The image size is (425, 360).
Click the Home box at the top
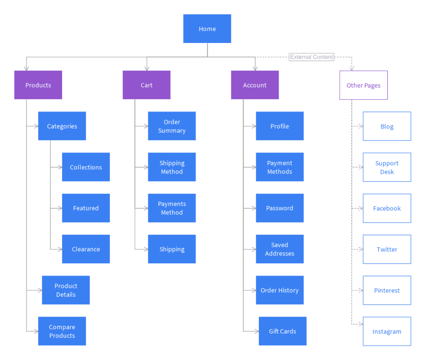(207, 29)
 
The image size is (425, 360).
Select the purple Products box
(38, 85)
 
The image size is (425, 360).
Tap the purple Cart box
(147, 85)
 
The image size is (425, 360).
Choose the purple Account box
(255, 85)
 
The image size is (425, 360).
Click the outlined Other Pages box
(363, 85)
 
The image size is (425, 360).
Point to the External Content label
(312, 57)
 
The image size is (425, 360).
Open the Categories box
(62, 126)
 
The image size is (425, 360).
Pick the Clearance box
(86, 249)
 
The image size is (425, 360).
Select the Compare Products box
(62, 331)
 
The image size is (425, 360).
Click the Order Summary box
(172, 126)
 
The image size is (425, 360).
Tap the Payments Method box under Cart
(172, 208)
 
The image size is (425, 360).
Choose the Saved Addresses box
(279, 249)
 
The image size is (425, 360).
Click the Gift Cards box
(283, 331)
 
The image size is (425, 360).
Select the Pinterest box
(387, 290)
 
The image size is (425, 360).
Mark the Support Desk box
(387, 167)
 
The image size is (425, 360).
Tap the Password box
(279, 208)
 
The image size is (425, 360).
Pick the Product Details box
(66, 290)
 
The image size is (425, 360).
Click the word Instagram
(387, 332)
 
